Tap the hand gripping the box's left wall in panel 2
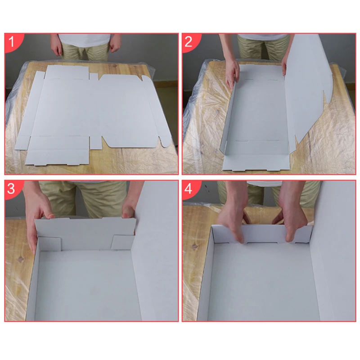coord(232,74)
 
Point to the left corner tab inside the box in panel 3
coord(50,244)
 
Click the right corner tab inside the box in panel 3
coord(122,242)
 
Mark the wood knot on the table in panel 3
coord(21,260)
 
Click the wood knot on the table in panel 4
coord(194,246)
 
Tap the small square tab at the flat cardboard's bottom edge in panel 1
coord(96,143)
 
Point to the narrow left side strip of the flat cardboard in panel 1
coord(30,110)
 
